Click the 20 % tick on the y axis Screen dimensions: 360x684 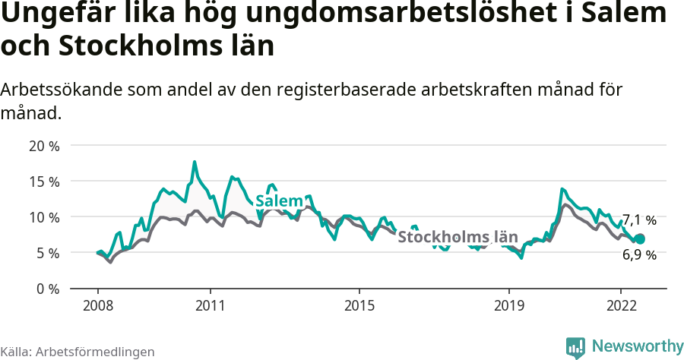(44, 146)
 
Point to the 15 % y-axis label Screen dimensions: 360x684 (44, 182)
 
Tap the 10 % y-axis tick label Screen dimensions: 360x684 (44, 217)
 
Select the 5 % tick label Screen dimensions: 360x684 (47, 253)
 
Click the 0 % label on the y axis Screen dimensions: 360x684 (47, 289)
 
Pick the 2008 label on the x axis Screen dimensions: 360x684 (98, 305)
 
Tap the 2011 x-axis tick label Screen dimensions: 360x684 (210, 305)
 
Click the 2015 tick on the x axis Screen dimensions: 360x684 (359, 305)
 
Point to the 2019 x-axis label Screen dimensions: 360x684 (508, 305)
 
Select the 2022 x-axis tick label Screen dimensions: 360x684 (620, 305)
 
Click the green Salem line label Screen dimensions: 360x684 (279, 201)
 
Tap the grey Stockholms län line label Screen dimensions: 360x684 (458, 236)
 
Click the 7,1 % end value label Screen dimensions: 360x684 (639, 221)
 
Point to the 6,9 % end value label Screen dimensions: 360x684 (639, 256)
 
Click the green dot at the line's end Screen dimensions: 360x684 (640, 239)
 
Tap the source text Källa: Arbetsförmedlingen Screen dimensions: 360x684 (78, 352)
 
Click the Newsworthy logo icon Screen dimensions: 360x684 (575, 347)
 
